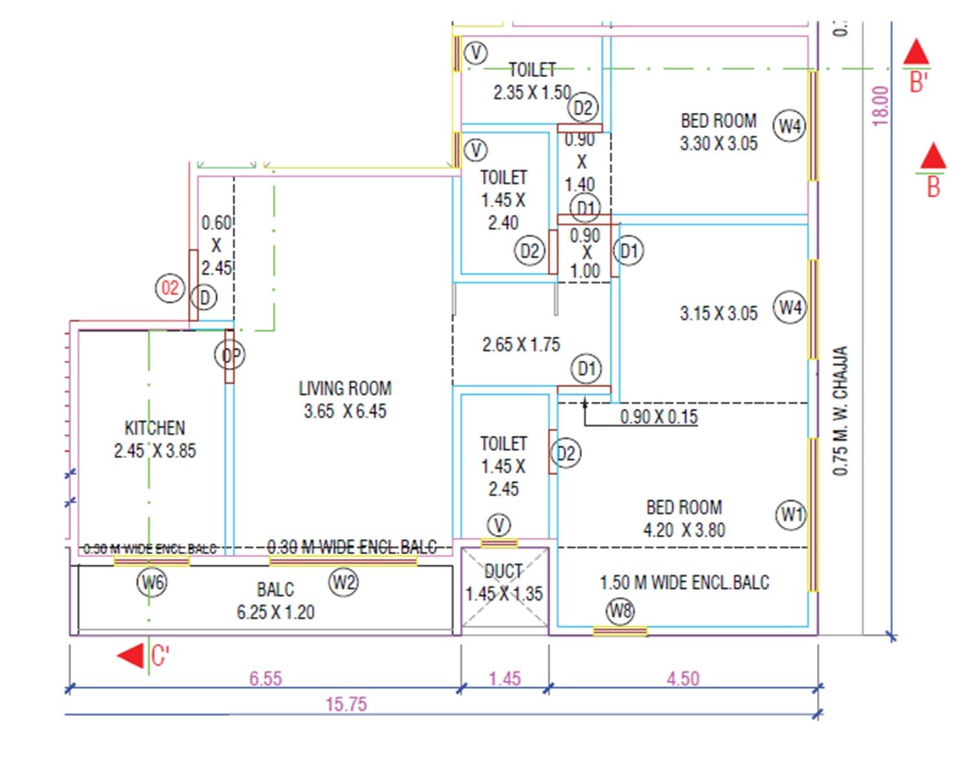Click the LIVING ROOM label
[x=345, y=389]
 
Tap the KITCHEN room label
[x=155, y=427]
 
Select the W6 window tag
[x=152, y=582]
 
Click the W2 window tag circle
[x=344, y=582]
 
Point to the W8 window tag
[x=620, y=611]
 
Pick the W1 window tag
[x=791, y=515]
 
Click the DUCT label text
[x=503, y=571]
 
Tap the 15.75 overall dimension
[x=346, y=705]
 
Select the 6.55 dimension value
[x=265, y=679]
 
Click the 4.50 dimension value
[x=682, y=679]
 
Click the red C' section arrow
[x=132, y=655]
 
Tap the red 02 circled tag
[x=170, y=288]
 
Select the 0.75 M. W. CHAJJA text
[x=840, y=410]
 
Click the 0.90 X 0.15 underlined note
[x=658, y=417]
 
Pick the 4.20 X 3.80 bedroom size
[x=684, y=531]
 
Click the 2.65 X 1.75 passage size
[x=521, y=344]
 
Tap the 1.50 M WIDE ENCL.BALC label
[x=684, y=583]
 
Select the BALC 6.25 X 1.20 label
[x=276, y=601]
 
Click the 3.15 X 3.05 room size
[x=718, y=314]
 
